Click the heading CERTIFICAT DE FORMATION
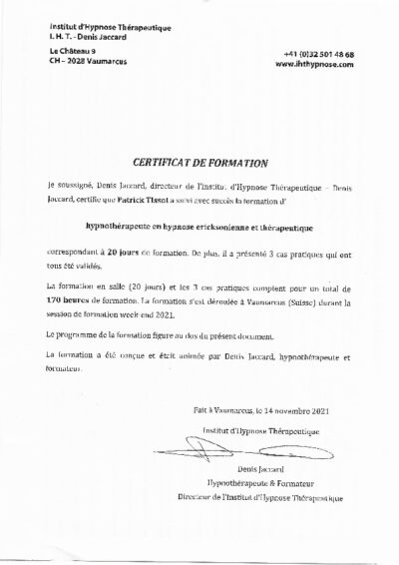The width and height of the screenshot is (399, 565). (199, 161)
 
